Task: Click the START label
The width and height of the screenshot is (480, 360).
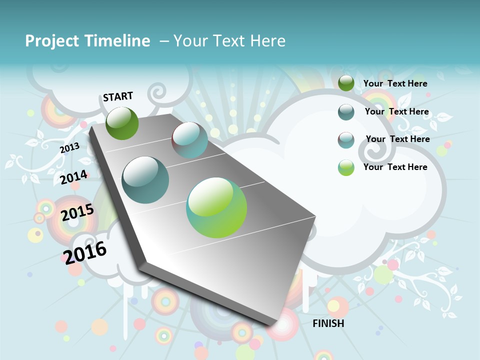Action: pos(118,96)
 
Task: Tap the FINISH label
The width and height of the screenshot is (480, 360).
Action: pos(328,323)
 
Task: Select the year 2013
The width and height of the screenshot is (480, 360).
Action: pos(69,148)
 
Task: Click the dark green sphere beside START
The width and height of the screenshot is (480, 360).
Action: pos(122,123)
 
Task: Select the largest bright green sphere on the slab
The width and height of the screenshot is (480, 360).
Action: pos(216,207)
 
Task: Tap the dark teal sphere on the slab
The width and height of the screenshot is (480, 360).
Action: pos(145,180)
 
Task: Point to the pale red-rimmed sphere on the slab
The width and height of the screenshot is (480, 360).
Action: pos(189,140)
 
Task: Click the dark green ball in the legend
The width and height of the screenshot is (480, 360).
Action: pos(346,83)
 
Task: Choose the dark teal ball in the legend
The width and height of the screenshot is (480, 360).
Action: pos(346,112)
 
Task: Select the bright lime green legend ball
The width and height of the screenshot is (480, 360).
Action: pos(346,167)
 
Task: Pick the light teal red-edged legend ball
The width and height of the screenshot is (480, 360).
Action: pos(346,140)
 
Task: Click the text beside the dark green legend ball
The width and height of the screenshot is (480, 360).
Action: pos(395,83)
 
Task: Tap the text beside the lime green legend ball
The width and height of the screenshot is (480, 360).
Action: pos(395,167)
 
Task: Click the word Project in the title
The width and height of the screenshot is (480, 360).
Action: pos(51,41)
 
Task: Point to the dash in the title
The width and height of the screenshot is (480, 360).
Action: pos(164,41)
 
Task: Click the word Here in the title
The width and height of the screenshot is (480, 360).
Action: pos(267,41)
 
